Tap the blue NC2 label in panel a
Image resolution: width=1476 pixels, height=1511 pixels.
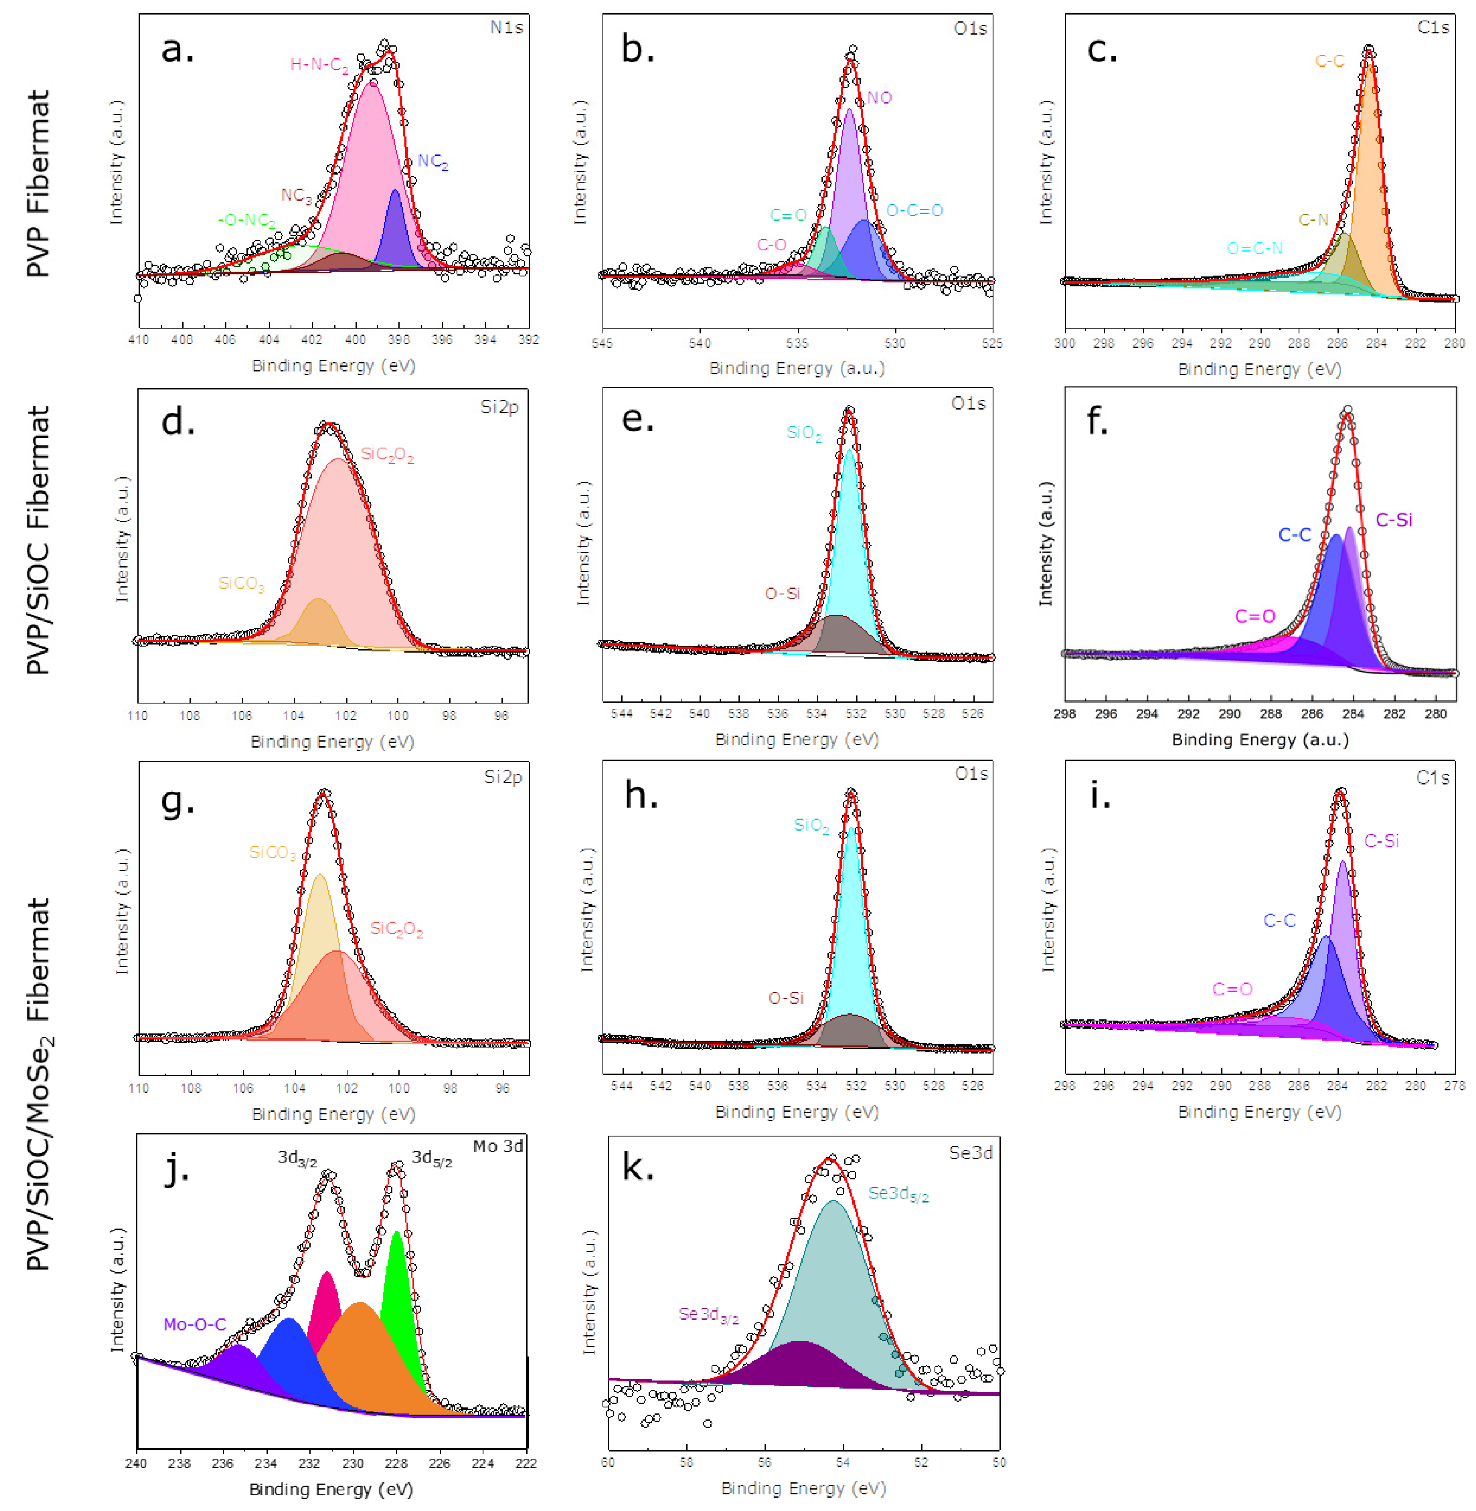coord(432,161)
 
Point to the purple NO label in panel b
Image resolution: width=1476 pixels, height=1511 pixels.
coord(879,98)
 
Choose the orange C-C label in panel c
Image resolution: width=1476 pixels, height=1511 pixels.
coord(1329,61)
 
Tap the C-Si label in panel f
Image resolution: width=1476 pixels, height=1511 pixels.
coord(1393,520)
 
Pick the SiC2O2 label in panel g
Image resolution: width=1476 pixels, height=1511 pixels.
coord(396,929)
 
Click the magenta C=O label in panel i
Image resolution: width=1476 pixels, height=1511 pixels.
coord(1232,989)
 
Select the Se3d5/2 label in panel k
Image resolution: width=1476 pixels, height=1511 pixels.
coord(898,1194)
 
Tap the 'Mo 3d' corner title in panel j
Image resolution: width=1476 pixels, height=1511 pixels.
coord(498,1146)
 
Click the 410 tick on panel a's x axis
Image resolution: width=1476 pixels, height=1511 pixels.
coord(139,339)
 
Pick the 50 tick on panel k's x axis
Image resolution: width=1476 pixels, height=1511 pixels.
coord(998,1462)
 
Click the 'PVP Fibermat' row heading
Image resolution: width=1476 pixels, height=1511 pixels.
coord(37,184)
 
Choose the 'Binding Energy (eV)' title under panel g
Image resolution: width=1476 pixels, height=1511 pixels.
coord(333,1114)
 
